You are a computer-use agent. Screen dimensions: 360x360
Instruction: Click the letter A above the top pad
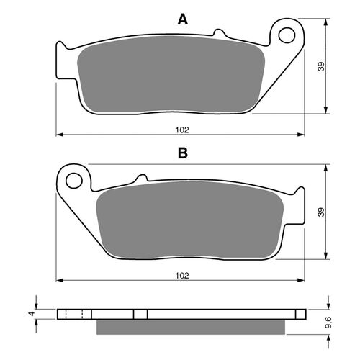183,19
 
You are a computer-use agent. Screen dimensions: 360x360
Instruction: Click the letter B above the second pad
183,153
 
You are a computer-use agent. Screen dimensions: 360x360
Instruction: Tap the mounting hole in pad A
287,35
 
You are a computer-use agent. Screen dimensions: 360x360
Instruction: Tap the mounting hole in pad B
74,180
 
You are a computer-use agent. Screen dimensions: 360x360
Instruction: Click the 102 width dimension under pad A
182,130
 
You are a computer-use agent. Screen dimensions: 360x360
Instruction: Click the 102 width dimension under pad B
182,276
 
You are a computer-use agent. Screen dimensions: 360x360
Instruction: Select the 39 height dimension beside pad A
321,66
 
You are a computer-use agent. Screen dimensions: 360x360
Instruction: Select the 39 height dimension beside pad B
321,212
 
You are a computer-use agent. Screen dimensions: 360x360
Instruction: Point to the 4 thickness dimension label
32,313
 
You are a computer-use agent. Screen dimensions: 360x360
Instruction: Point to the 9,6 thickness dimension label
328,323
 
